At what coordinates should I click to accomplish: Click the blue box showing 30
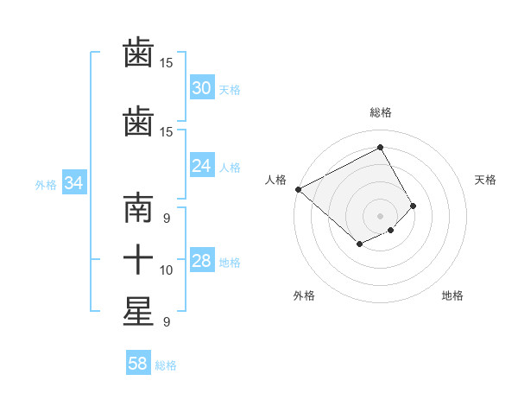pyautogui.click(x=201, y=88)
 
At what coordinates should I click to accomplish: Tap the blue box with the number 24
pyautogui.click(x=201, y=167)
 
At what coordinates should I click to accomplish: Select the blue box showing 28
pyautogui.click(x=201, y=262)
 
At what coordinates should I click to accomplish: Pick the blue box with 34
pyautogui.click(x=73, y=183)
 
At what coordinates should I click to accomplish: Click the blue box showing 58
pyautogui.click(x=137, y=364)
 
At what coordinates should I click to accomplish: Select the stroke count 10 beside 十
pyautogui.click(x=167, y=270)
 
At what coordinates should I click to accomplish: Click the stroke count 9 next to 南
pyautogui.click(x=166, y=219)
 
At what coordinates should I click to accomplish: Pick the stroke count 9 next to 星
pyautogui.click(x=166, y=321)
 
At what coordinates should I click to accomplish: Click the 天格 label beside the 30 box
pyautogui.click(x=230, y=89)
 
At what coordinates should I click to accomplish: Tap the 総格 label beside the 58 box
pyautogui.click(x=166, y=365)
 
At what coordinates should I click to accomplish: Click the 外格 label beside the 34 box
pyautogui.click(x=46, y=184)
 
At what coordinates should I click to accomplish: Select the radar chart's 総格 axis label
pyautogui.click(x=380, y=112)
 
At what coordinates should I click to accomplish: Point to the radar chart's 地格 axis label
pyautogui.click(x=452, y=295)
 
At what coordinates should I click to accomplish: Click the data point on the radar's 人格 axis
pyautogui.click(x=298, y=189)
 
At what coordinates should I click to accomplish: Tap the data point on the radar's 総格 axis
pyautogui.click(x=380, y=148)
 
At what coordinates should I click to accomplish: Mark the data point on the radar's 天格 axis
pyautogui.click(x=414, y=206)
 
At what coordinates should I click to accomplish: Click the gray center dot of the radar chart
pyautogui.click(x=380, y=215)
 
